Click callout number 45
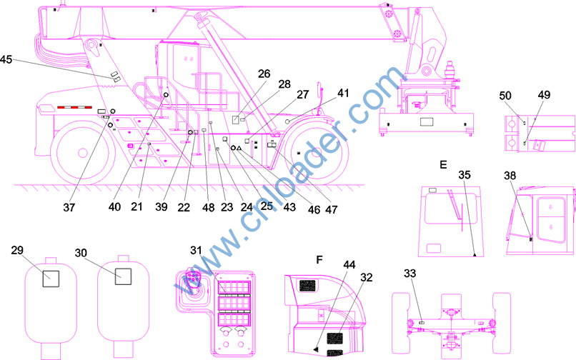6,59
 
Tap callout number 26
264,74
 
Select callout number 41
343,93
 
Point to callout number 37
69,208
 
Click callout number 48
208,208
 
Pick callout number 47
331,209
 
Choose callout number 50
505,96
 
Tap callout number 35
465,175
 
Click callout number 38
510,176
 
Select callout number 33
410,274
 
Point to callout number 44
349,264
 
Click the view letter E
443,164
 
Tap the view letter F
319,260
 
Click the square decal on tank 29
51,279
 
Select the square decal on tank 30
123,276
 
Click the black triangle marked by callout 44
316,349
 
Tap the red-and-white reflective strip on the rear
74,107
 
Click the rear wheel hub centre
83,152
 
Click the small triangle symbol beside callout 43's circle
239,148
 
